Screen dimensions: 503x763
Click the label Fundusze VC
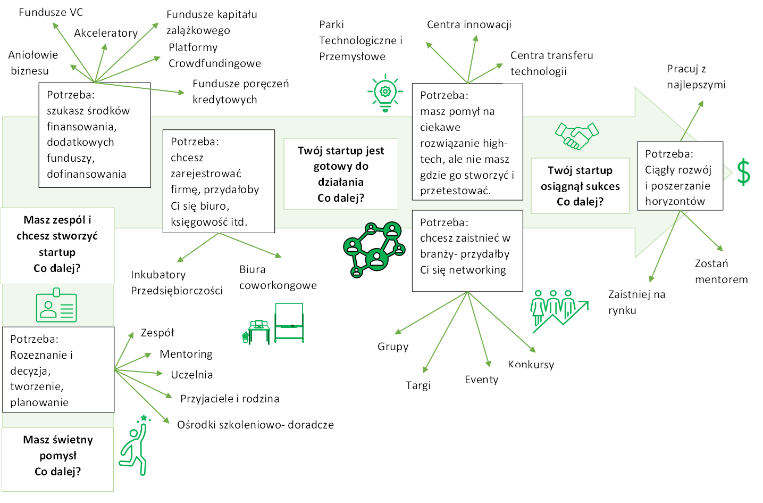click(x=51, y=12)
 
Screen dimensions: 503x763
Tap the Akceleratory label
click(x=106, y=33)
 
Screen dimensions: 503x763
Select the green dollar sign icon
click(x=743, y=172)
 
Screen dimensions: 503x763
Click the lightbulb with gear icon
click(x=385, y=93)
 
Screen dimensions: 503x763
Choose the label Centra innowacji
click(x=469, y=24)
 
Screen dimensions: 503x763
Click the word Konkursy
click(x=531, y=365)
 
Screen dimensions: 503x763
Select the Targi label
click(x=418, y=385)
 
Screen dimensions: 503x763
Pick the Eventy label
click(x=481, y=380)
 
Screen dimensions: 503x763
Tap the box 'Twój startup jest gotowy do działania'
click(x=341, y=174)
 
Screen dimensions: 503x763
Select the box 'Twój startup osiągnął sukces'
click(x=580, y=186)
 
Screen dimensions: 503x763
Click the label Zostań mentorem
click(x=721, y=271)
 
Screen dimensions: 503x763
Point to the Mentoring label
click(x=186, y=354)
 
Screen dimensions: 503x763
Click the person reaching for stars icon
click(x=135, y=446)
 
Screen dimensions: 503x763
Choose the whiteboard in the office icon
click(x=289, y=323)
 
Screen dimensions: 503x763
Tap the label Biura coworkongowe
click(x=278, y=277)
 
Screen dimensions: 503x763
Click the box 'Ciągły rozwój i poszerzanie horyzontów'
click(x=680, y=176)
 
